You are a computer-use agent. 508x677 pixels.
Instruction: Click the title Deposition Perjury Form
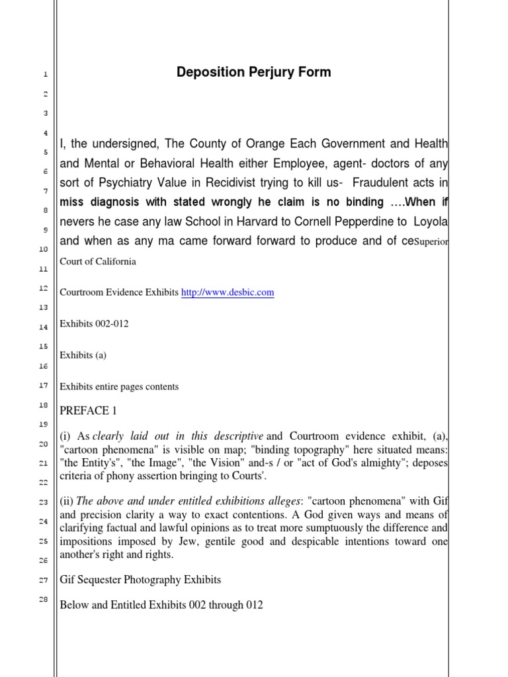[253, 72]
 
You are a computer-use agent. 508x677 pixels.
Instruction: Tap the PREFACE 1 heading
[88, 411]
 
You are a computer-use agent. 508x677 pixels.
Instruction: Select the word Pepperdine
[357, 221]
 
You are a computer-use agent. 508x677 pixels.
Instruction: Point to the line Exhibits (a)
[83, 355]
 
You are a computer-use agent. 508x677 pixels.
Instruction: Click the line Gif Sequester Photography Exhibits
[140, 580]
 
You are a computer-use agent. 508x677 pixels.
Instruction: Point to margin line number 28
[45, 599]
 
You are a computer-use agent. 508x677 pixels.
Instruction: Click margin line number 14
[44, 327]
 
